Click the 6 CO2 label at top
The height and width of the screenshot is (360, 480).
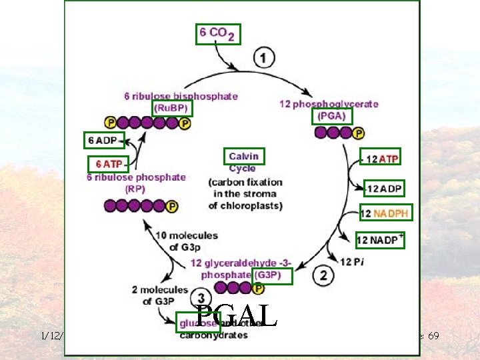click(217, 34)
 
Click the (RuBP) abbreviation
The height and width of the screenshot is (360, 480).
click(173, 107)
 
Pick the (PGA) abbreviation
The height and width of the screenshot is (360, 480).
click(332, 116)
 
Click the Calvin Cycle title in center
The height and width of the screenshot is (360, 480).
click(244, 157)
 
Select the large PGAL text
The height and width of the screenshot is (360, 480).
click(237, 316)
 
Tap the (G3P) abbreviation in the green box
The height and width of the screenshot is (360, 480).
click(272, 275)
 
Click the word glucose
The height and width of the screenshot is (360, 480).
click(197, 323)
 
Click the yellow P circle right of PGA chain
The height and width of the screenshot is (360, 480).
click(359, 133)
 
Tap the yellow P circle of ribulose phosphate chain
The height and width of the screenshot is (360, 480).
click(172, 207)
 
